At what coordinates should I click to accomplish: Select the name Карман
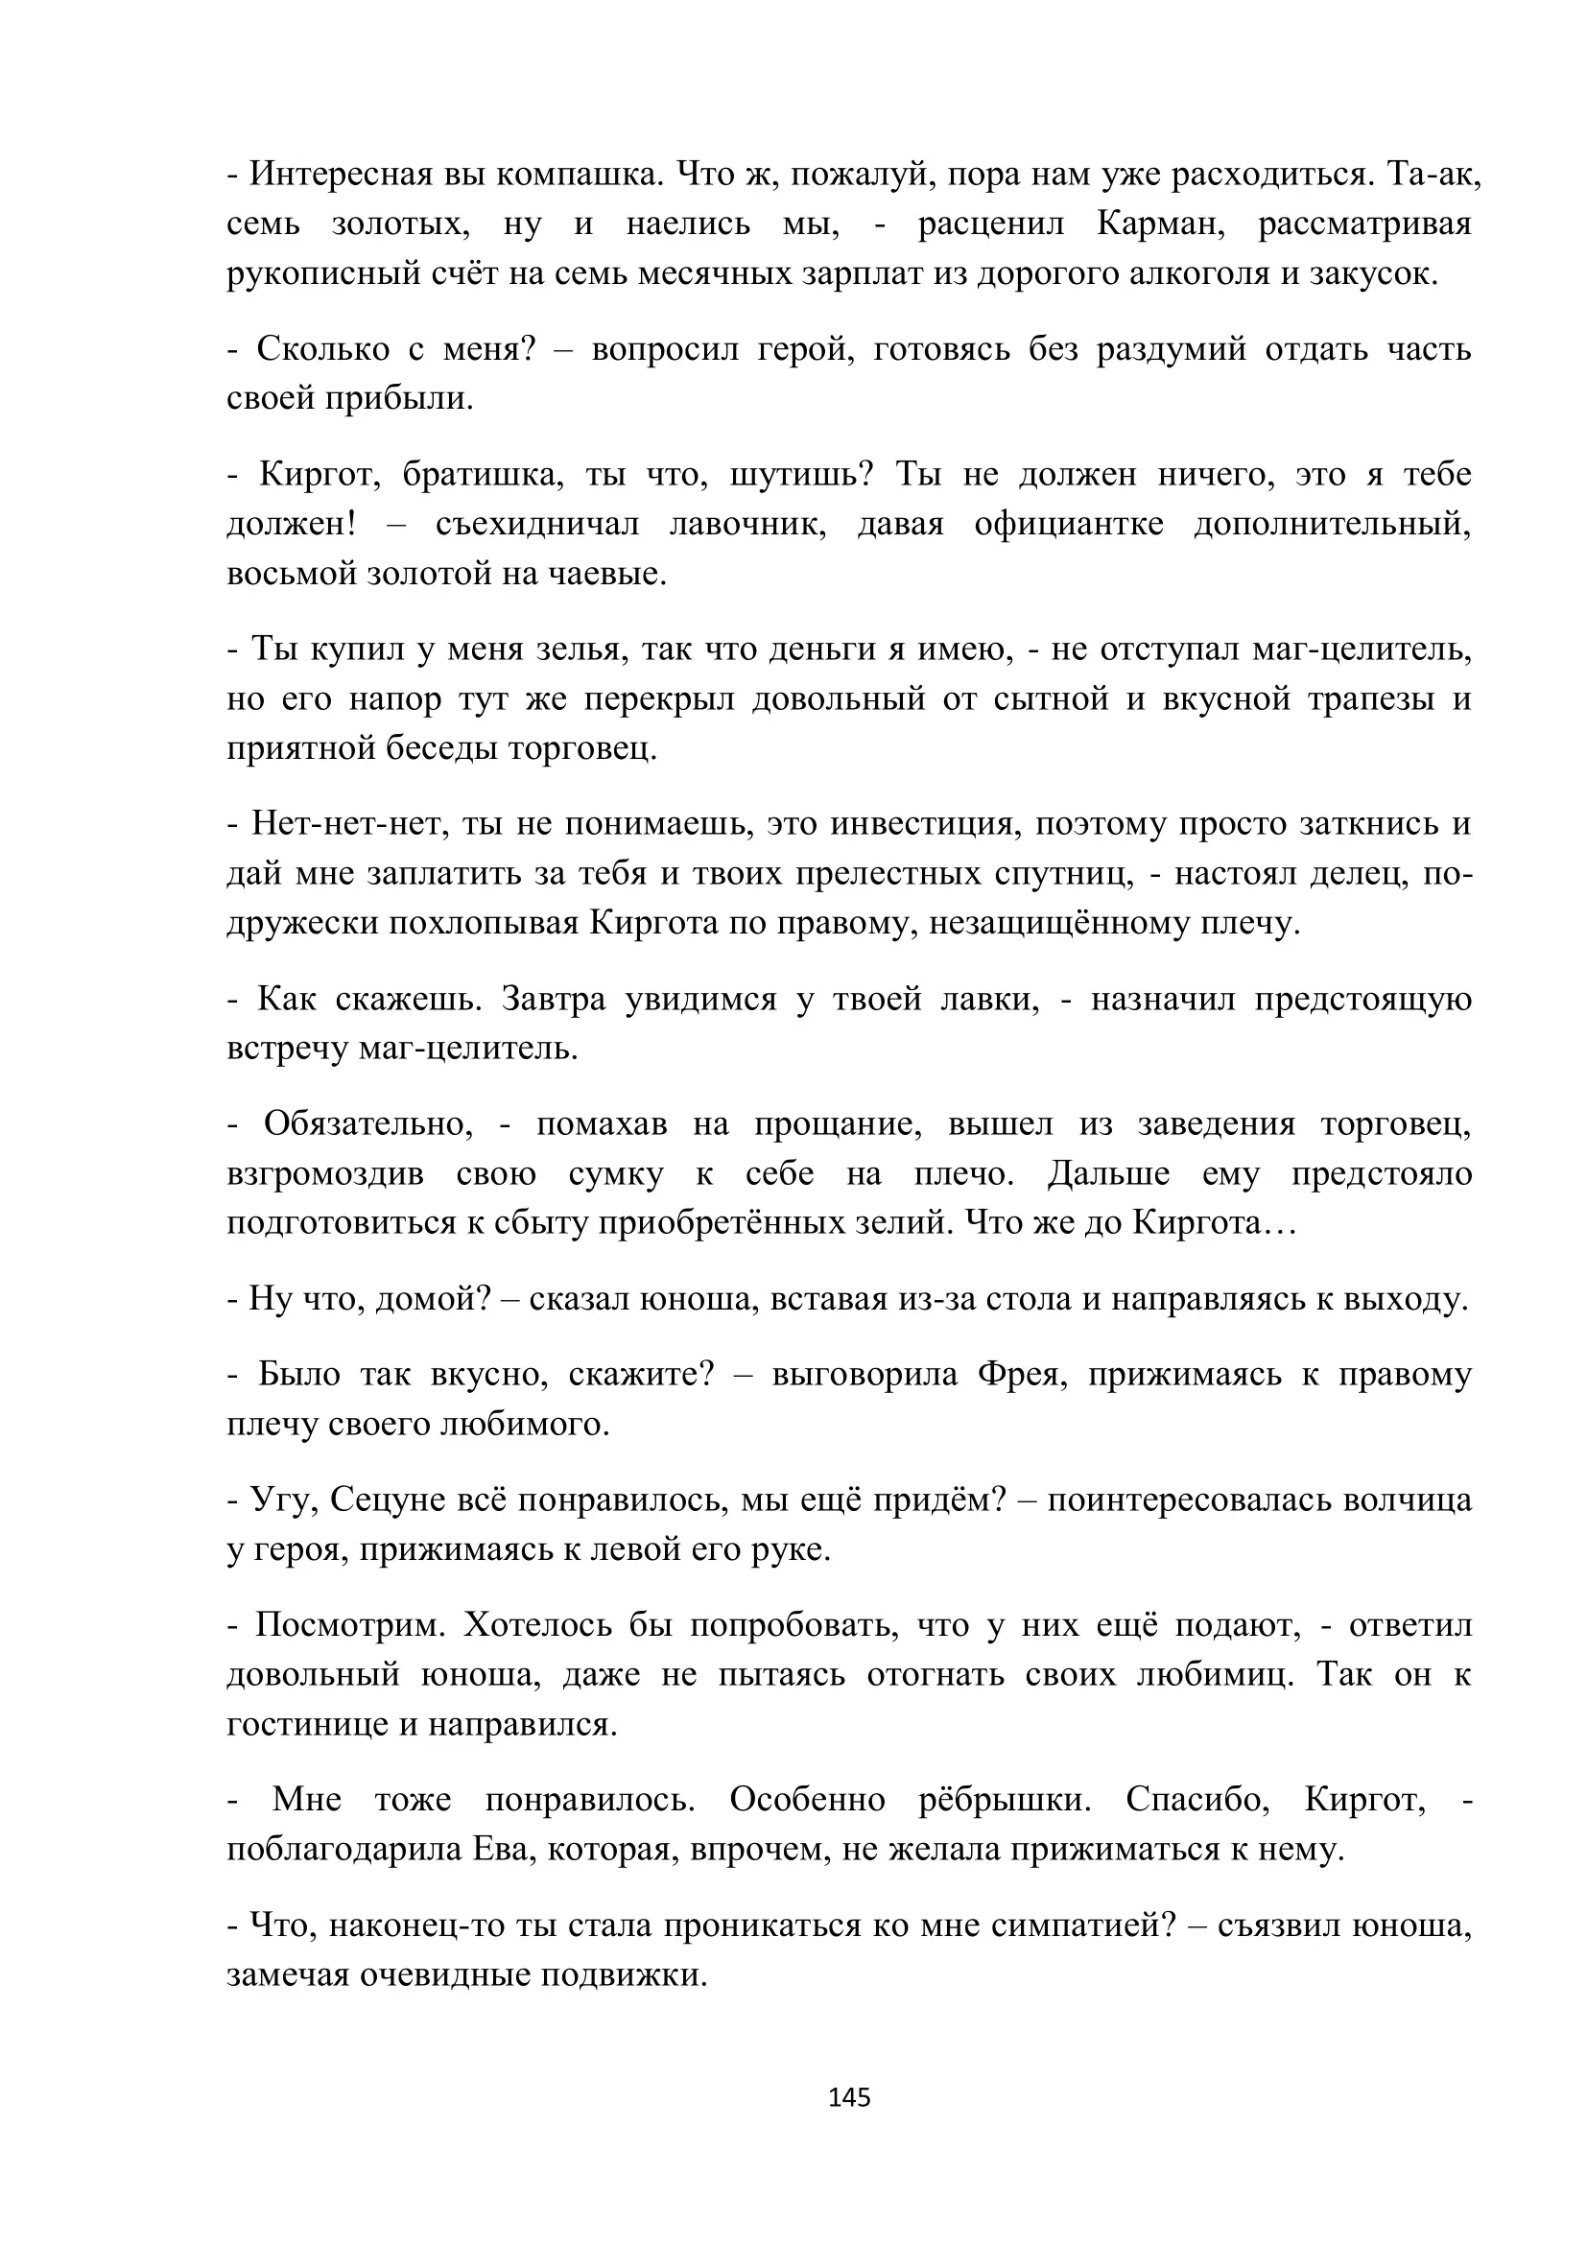(1161, 224)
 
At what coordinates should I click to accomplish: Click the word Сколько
(322, 349)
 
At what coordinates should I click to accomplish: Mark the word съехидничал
(536, 524)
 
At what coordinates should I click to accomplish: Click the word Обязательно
(367, 1124)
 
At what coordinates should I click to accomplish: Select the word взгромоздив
(325, 1173)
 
